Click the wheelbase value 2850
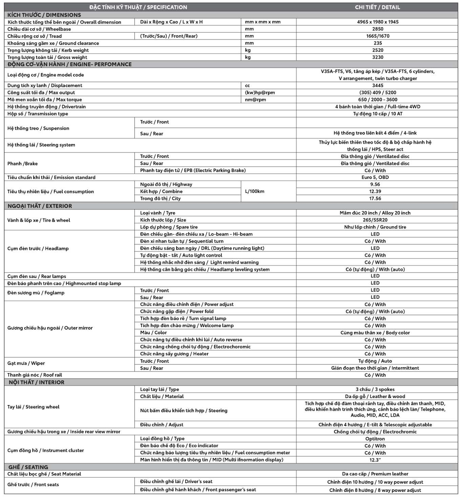(x=377, y=29)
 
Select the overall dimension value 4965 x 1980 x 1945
(x=377, y=22)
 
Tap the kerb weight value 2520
(x=377, y=50)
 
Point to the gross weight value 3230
(x=377, y=57)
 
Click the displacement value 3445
(x=377, y=85)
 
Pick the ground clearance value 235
(x=377, y=43)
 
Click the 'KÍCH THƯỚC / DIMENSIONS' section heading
(x=44, y=15)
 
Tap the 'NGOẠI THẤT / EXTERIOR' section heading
(x=40, y=206)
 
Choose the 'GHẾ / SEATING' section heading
(x=28, y=467)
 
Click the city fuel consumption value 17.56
(x=375, y=198)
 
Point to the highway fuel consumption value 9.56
(x=375, y=184)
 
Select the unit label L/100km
(x=254, y=191)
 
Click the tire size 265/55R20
(x=375, y=220)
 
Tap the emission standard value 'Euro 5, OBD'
(x=375, y=177)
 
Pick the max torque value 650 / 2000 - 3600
(x=377, y=99)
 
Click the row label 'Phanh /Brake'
(x=22, y=164)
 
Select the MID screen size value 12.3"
(x=375, y=460)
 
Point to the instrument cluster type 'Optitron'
(x=375, y=439)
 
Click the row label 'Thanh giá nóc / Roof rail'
(x=35, y=375)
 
